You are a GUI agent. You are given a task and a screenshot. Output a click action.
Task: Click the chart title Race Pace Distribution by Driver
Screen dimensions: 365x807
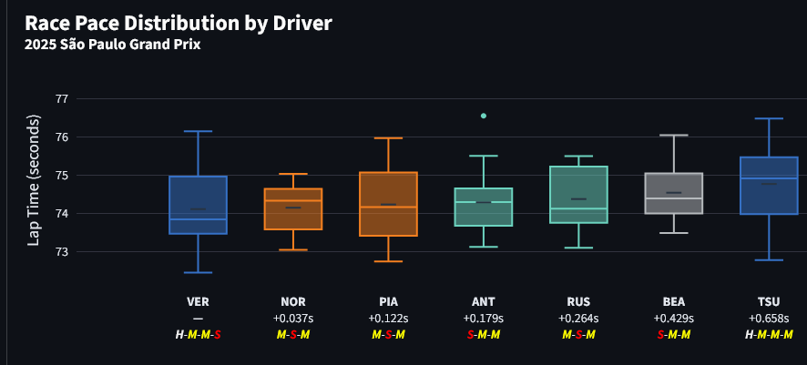click(x=178, y=23)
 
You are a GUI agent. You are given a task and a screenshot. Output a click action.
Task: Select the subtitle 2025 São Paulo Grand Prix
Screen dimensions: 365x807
click(x=112, y=44)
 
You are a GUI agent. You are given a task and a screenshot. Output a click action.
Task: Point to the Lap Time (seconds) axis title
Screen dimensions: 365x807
click(x=34, y=179)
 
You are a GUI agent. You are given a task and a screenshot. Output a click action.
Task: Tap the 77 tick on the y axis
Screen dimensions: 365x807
click(x=62, y=98)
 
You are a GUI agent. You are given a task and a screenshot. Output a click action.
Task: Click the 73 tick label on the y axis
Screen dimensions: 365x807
click(x=62, y=252)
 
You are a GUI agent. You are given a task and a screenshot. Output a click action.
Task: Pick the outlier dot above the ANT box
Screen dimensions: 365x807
click(x=484, y=116)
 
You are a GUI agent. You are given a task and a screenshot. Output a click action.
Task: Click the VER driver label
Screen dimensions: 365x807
click(x=198, y=301)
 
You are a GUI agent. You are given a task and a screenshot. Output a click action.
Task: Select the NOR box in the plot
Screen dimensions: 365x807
click(x=293, y=208)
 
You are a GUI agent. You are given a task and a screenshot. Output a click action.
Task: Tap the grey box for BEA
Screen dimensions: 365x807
click(x=674, y=193)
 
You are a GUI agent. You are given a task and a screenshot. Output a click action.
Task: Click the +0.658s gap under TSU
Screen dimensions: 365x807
click(x=769, y=319)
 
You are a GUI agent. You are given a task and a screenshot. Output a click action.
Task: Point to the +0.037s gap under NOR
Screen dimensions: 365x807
click(x=293, y=319)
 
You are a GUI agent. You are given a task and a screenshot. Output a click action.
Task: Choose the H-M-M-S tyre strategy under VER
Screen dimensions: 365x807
click(x=198, y=335)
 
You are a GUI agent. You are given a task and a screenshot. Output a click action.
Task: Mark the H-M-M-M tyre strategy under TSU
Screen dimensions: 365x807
click(x=769, y=335)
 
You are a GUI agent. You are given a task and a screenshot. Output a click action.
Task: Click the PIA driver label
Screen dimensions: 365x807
click(x=388, y=301)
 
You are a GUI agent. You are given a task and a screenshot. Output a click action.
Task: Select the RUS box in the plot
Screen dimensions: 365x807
click(x=578, y=194)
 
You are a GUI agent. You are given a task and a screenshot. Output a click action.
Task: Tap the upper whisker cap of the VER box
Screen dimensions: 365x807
click(x=198, y=131)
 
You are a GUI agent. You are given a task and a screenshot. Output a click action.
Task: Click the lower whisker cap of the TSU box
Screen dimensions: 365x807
click(x=769, y=260)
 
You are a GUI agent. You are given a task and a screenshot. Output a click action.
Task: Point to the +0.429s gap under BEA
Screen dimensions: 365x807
click(x=674, y=319)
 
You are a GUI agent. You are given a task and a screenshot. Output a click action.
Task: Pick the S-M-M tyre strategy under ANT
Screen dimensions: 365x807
click(x=484, y=335)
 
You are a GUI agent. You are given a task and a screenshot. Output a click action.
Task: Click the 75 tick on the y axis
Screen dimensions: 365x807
click(x=62, y=176)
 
